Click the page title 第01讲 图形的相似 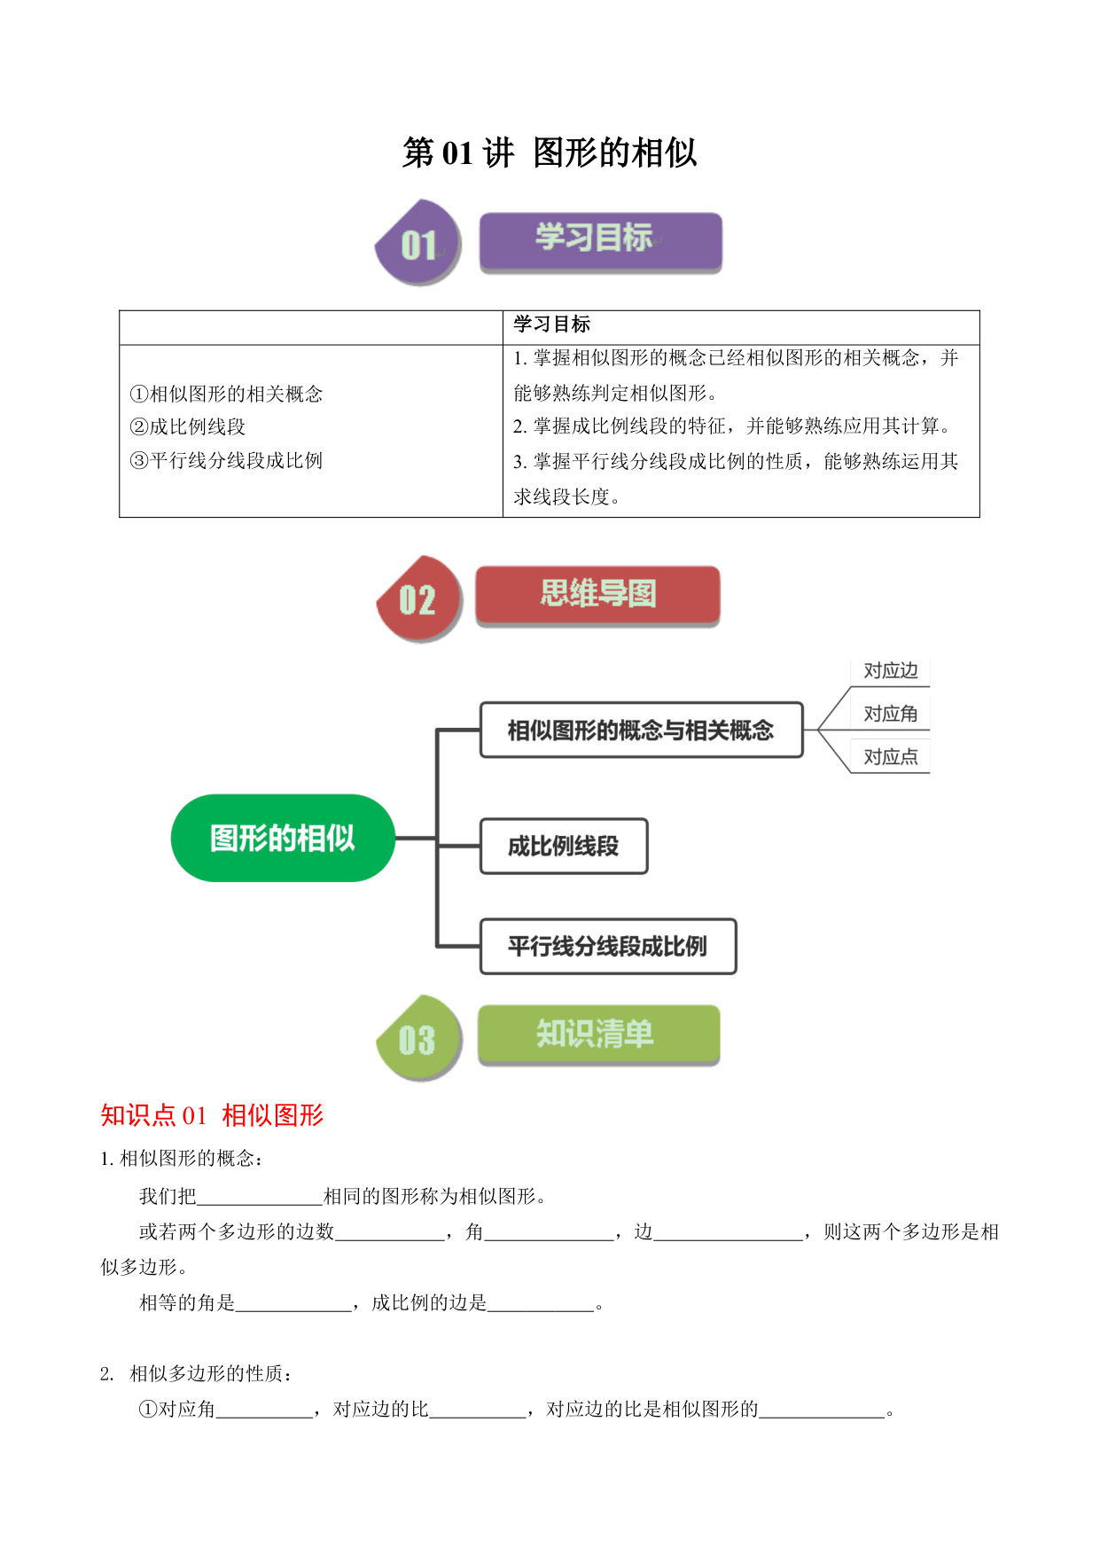point(550,152)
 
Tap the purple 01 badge point(418,242)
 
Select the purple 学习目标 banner point(600,242)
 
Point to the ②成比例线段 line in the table point(188,427)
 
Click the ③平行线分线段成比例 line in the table point(226,461)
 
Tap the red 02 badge point(418,598)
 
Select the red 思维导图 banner point(597,596)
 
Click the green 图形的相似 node point(283,838)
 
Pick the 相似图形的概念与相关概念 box point(642,731)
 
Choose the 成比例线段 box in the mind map point(564,847)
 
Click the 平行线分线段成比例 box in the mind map point(608,947)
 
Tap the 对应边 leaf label point(891,671)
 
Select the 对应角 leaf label point(891,715)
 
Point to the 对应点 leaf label point(891,757)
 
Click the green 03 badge point(418,1037)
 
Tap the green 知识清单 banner point(598,1035)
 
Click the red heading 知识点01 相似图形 point(213,1115)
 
